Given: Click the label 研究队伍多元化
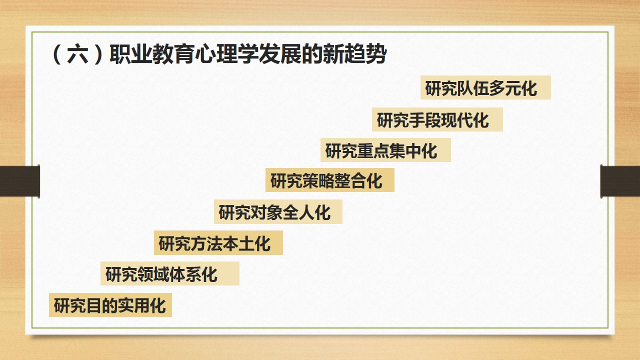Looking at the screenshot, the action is tap(481, 88).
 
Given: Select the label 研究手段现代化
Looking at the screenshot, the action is tap(433, 120).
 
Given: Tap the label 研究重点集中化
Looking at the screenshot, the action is tap(381, 150).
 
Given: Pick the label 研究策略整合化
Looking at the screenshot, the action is tap(326, 180).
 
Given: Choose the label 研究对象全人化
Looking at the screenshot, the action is tap(274, 212).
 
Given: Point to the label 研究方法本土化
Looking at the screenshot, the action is tap(214, 243).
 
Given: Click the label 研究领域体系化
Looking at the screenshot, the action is tap(161, 274).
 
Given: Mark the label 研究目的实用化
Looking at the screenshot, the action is tap(109, 305).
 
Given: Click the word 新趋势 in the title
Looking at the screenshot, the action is tap(355, 53).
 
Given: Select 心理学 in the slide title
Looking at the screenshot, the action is tap(227, 53).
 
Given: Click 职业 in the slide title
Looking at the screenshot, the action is tap(131, 53).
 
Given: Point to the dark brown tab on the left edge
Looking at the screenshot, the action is tap(19, 181).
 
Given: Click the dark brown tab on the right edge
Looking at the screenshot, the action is tap(620, 181).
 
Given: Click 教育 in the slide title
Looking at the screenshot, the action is tap(173, 53).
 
